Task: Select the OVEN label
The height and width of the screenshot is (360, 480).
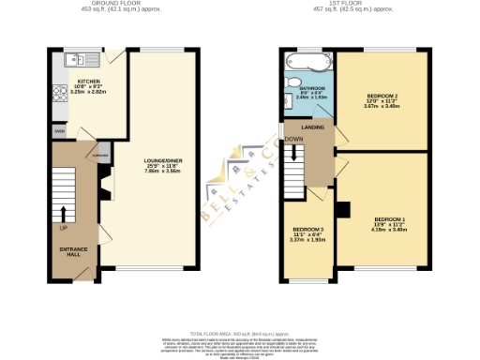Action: (x=59, y=132)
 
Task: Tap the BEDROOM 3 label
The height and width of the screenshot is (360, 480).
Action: (x=307, y=230)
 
